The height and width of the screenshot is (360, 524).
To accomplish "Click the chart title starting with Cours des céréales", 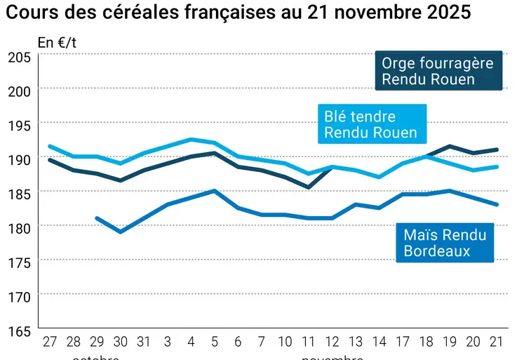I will pyautogui.click(x=239, y=13).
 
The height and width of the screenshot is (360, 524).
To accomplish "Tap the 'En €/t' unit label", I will pyautogui.click(x=57, y=43).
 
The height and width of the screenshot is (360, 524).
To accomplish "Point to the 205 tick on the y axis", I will pyautogui.click(x=18, y=58).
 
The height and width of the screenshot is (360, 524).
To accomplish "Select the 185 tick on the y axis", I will pyautogui.click(x=18, y=193).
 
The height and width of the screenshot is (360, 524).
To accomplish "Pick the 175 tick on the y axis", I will pyautogui.click(x=18, y=261).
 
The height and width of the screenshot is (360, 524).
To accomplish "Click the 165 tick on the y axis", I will pyautogui.click(x=18, y=329).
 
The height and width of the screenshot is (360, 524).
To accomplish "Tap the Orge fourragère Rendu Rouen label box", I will pyautogui.click(x=437, y=71).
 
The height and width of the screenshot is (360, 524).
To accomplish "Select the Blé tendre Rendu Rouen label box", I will pyautogui.click(x=370, y=124).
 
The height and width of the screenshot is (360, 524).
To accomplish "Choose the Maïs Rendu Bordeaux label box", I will pyautogui.click(x=445, y=243).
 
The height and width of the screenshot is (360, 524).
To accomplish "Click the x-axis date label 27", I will pyautogui.click(x=49, y=342).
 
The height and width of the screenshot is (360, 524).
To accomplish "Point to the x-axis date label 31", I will pyautogui.click(x=144, y=342).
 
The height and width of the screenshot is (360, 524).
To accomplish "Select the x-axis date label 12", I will pyautogui.click(x=332, y=342).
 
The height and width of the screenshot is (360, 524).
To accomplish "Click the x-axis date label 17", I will pyautogui.click(x=403, y=342).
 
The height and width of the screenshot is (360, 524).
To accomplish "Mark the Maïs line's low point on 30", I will pyautogui.click(x=121, y=232).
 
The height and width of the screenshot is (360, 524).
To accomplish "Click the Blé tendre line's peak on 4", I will pyautogui.click(x=191, y=139).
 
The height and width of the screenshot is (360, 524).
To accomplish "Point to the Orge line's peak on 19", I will pyautogui.click(x=450, y=146).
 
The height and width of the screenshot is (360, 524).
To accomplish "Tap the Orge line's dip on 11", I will pyautogui.click(x=309, y=187).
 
